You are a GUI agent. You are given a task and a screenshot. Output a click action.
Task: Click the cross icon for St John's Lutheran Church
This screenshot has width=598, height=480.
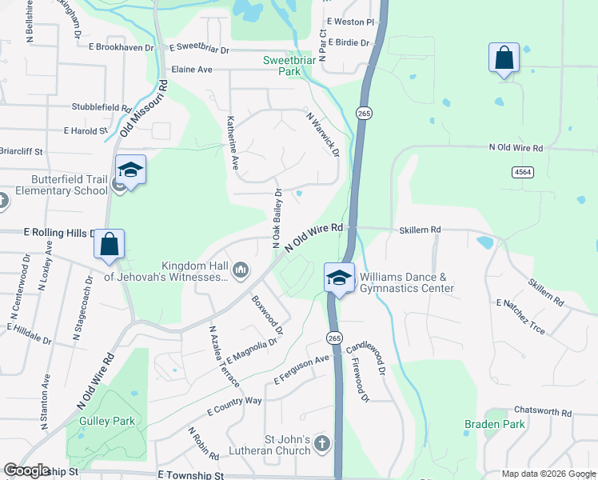pos(321,443)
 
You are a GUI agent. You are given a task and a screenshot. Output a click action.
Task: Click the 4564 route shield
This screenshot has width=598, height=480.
pos(523,172)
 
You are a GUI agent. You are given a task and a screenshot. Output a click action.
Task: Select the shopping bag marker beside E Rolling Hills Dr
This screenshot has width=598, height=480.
pos(109,245)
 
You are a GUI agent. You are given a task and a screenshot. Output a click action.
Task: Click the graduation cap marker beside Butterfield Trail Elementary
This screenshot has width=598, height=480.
pos(130,170)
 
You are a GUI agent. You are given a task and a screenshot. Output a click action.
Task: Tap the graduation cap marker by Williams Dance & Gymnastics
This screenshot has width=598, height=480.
pos(339,278)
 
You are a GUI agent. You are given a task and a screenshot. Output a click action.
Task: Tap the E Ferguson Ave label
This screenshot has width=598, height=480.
pos(301,370)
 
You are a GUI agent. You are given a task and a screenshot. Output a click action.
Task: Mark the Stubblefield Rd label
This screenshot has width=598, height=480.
pos(102,107)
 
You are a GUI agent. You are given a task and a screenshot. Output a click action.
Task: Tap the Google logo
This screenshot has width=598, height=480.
pos(26,470)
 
